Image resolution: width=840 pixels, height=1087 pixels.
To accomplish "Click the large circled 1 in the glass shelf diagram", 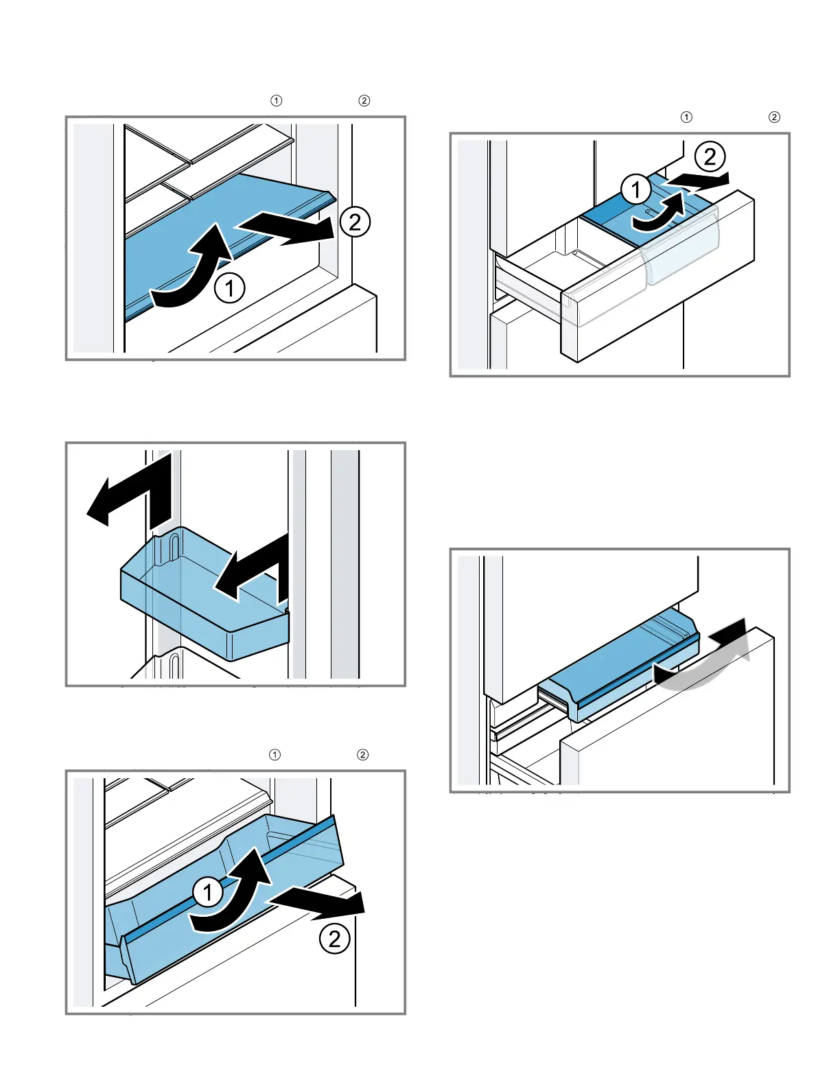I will click(230, 288).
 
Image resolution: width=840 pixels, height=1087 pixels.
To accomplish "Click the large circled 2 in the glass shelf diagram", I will click(355, 222).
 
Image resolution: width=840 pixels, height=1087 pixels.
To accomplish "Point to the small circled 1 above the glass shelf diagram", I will click(276, 101).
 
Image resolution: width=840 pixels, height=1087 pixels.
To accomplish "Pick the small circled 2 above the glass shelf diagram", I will click(364, 101).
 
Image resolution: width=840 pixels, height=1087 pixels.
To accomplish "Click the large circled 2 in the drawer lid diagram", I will click(710, 157).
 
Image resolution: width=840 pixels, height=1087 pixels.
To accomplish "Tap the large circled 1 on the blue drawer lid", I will click(636, 189).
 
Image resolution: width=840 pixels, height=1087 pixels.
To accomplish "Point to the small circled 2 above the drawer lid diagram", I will click(774, 117).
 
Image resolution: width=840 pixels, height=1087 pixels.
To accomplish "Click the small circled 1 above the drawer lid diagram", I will click(686, 117).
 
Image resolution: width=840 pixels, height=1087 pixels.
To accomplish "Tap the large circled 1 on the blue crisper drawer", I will click(207, 892).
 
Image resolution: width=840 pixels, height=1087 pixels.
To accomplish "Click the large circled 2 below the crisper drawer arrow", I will click(334, 938).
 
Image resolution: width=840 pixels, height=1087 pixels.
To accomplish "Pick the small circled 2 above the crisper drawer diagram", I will click(362, 755).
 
